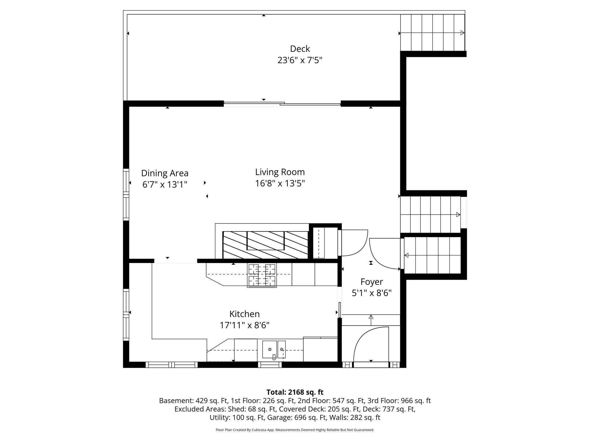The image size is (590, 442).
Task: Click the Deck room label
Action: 300,49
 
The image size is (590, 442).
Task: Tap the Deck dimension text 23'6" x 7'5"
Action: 300,60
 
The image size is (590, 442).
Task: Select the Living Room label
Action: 280,172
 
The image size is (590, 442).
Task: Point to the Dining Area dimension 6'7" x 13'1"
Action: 165,185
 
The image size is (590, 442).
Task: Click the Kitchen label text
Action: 244,314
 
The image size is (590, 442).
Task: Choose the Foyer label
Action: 372,282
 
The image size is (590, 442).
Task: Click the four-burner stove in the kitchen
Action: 262,275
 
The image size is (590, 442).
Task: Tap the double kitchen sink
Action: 273,350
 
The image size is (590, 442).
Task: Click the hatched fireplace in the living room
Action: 265,245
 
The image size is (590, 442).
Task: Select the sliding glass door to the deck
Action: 282,104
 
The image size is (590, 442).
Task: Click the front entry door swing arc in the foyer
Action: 369,346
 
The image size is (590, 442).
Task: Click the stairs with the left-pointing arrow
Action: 432,255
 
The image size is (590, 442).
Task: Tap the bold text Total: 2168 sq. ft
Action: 295,392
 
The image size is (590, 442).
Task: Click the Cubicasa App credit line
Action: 295,430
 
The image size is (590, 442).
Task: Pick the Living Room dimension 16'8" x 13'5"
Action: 280,184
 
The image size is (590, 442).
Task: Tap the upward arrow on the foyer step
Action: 371,319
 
